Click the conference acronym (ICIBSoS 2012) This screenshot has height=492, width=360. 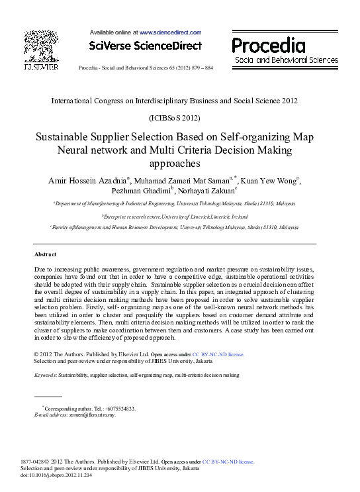179,117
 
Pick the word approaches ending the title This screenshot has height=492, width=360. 179,163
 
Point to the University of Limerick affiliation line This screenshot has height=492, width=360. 175,217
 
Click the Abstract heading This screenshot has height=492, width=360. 45,254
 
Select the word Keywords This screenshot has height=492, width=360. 45,375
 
